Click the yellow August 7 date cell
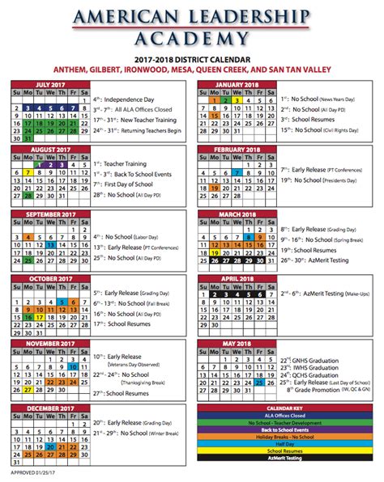[x=28, y=172]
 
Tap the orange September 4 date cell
[x=28, y=237]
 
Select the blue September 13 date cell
[x=50, y=245]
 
